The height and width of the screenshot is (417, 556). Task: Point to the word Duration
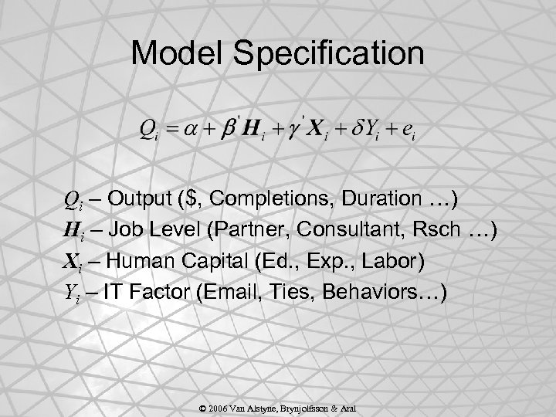377,200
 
